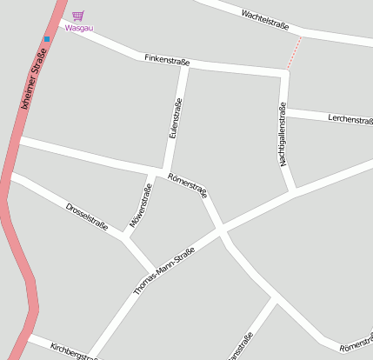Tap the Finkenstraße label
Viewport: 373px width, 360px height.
click(166, 60)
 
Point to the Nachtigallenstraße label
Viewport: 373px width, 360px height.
click(282, 135)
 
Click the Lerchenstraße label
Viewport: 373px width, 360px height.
click(350, 119)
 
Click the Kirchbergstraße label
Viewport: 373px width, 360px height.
click(75, 350)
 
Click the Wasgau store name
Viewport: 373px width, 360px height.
click(78, 28)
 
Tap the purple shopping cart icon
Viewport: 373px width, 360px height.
click(78, 16)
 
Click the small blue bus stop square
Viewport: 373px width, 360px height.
click(47, 38)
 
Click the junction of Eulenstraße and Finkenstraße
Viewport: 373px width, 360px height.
click(185, 65)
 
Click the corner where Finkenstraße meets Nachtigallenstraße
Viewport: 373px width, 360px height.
click(284, 73)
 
